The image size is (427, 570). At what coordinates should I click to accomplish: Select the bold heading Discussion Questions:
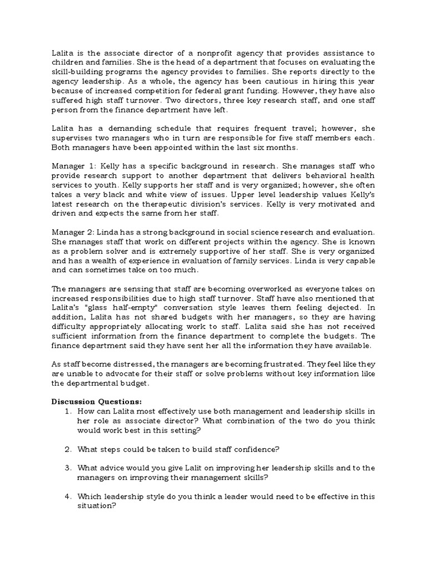[x=89, y=401]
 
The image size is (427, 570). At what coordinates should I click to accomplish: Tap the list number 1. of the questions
[x=68, y=411]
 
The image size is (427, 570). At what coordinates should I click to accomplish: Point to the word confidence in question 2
[x=253, y=449]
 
